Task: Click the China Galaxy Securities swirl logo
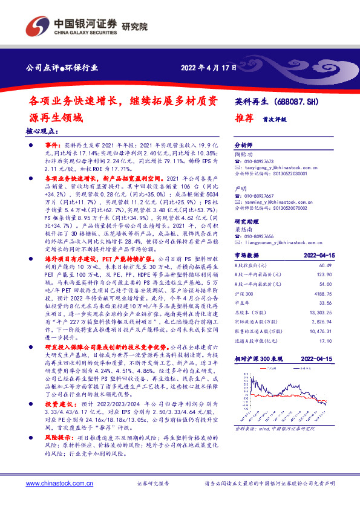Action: pyautogui.click(x=37, y=26)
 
